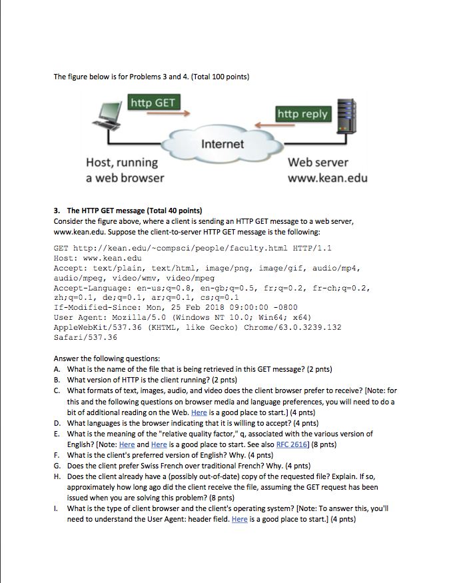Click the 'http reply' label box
point(303,113)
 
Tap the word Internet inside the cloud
point(223,144)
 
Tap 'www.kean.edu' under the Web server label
point(327,179)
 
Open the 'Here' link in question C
point(199,412)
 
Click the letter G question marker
point(58,466)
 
